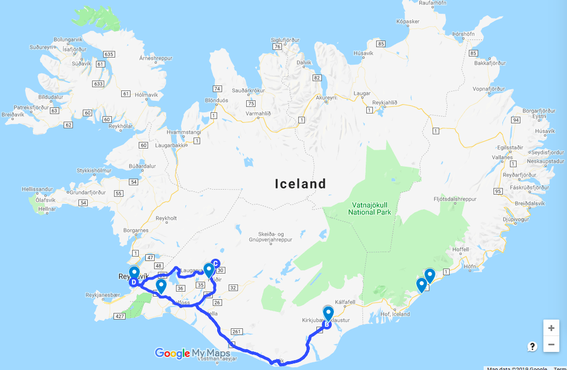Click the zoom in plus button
[x=551, y=328]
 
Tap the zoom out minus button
[x=551, y=344]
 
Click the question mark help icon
[x=532, y=346]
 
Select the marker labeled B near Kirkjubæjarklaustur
[x=327, y=324]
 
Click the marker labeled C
[x=216, y=263]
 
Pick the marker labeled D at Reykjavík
[x=133, y=282]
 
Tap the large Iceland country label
[x=300, y=184]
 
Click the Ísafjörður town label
[x=75, y=49]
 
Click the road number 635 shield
[x=108, y=54]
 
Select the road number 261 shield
[x=237, y=332]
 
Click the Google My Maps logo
[x=192, y=354]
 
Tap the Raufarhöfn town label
[x=433, y=3]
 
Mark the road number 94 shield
[x=515, y=119]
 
